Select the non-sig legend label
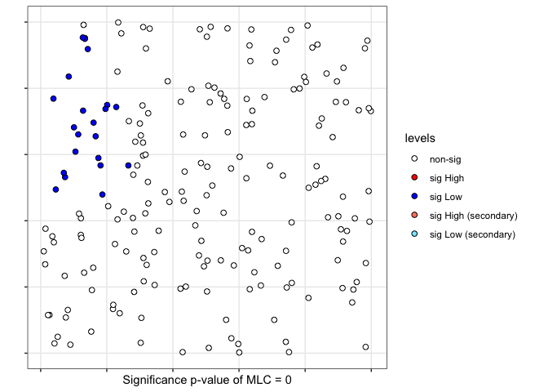tap(446, 158)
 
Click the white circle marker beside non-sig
tap(414, 158)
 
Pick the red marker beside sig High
tap(414, 177)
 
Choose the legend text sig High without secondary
tap(449, 177)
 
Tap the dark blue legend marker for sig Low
tap(414, 197)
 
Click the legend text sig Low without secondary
tap(448, 197)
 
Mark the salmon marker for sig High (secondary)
tap(414, 216)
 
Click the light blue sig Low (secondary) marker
tap(414, 234)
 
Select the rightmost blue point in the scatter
tap(128, 165)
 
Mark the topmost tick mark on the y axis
tap(25, 21)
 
